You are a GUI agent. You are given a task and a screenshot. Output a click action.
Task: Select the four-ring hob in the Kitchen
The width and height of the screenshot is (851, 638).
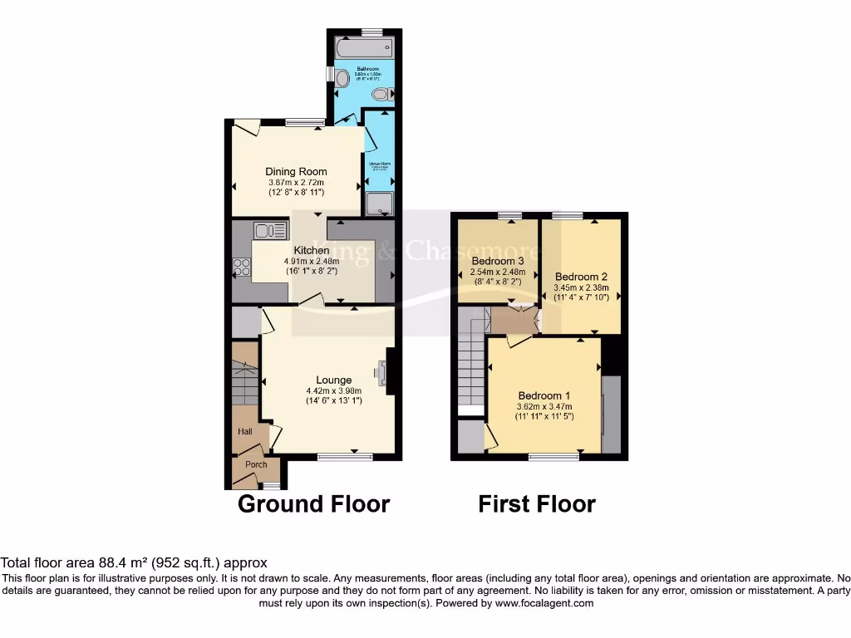[x=242, y=267]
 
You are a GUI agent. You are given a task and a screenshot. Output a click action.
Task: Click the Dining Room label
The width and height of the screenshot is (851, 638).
[x=296, y=172]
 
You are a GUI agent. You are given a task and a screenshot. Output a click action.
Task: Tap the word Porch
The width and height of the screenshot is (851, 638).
[x=256, y=464]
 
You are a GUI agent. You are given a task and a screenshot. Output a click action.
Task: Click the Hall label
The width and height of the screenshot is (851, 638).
[x=246, y=431]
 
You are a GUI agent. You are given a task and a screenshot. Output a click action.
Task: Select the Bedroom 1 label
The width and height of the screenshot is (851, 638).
[x=544, y=395]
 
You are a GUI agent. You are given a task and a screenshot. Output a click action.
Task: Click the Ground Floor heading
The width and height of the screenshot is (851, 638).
[x=313, y=504]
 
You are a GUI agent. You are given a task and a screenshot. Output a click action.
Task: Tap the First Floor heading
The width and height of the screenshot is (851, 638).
[x=537, y=504]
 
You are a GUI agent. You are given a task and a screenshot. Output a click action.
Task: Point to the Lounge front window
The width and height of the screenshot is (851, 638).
[x=345, y=456]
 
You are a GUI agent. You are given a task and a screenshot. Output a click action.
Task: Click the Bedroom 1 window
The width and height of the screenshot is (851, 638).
[x=554, y=456]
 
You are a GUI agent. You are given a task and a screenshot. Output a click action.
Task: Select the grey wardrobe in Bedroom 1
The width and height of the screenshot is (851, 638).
[x=611, y=415]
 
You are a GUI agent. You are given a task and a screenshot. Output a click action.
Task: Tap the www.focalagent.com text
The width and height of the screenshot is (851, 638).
[x=544, y=603]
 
